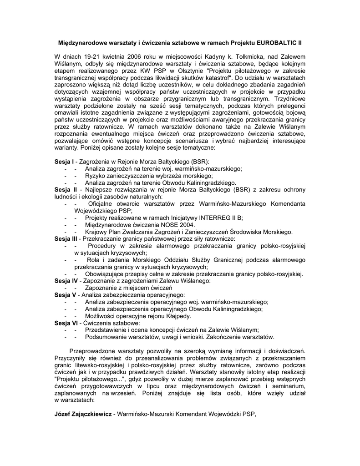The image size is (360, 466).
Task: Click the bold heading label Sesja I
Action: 64,162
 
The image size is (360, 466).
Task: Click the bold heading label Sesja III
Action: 66,239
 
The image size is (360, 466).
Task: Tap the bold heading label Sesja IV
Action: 66,281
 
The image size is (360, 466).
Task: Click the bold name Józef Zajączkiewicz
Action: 83,414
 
